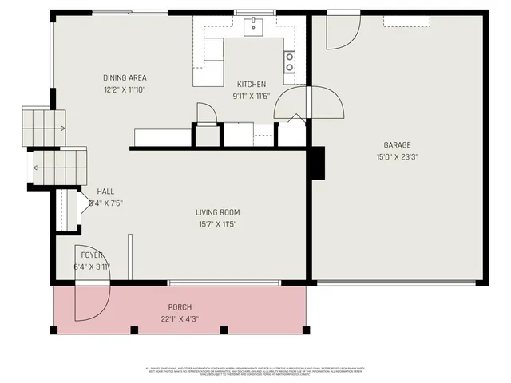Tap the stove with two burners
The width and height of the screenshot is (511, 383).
click(289, 61)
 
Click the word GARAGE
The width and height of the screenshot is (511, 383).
click(397, 145)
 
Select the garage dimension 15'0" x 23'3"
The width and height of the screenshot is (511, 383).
click(397, 157)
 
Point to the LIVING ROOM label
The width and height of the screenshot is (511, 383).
click(218, 212)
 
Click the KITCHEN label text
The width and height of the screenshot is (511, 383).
click(252, 85)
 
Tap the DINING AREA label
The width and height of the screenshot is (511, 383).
click(125, 78)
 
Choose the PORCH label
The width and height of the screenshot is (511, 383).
click(180, 307)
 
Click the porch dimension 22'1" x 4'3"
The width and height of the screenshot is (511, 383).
click(180, 319)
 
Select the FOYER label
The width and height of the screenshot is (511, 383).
click(92, 255)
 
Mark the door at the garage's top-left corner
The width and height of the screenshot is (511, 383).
click(343, 30)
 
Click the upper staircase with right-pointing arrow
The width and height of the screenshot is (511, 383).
click(43, 127)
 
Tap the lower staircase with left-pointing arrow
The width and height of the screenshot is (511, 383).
click(58, 167)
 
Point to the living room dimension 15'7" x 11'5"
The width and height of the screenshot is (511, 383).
click(218, 224)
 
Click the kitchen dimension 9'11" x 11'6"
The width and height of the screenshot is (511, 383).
click(252, 97)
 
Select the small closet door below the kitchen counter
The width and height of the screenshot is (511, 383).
click(206, 114)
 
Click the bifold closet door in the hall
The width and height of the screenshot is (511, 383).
click(84, 206)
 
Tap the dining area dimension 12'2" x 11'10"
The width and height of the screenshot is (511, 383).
click(125, 89)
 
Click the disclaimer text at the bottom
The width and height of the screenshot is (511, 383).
click(255, 371)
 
